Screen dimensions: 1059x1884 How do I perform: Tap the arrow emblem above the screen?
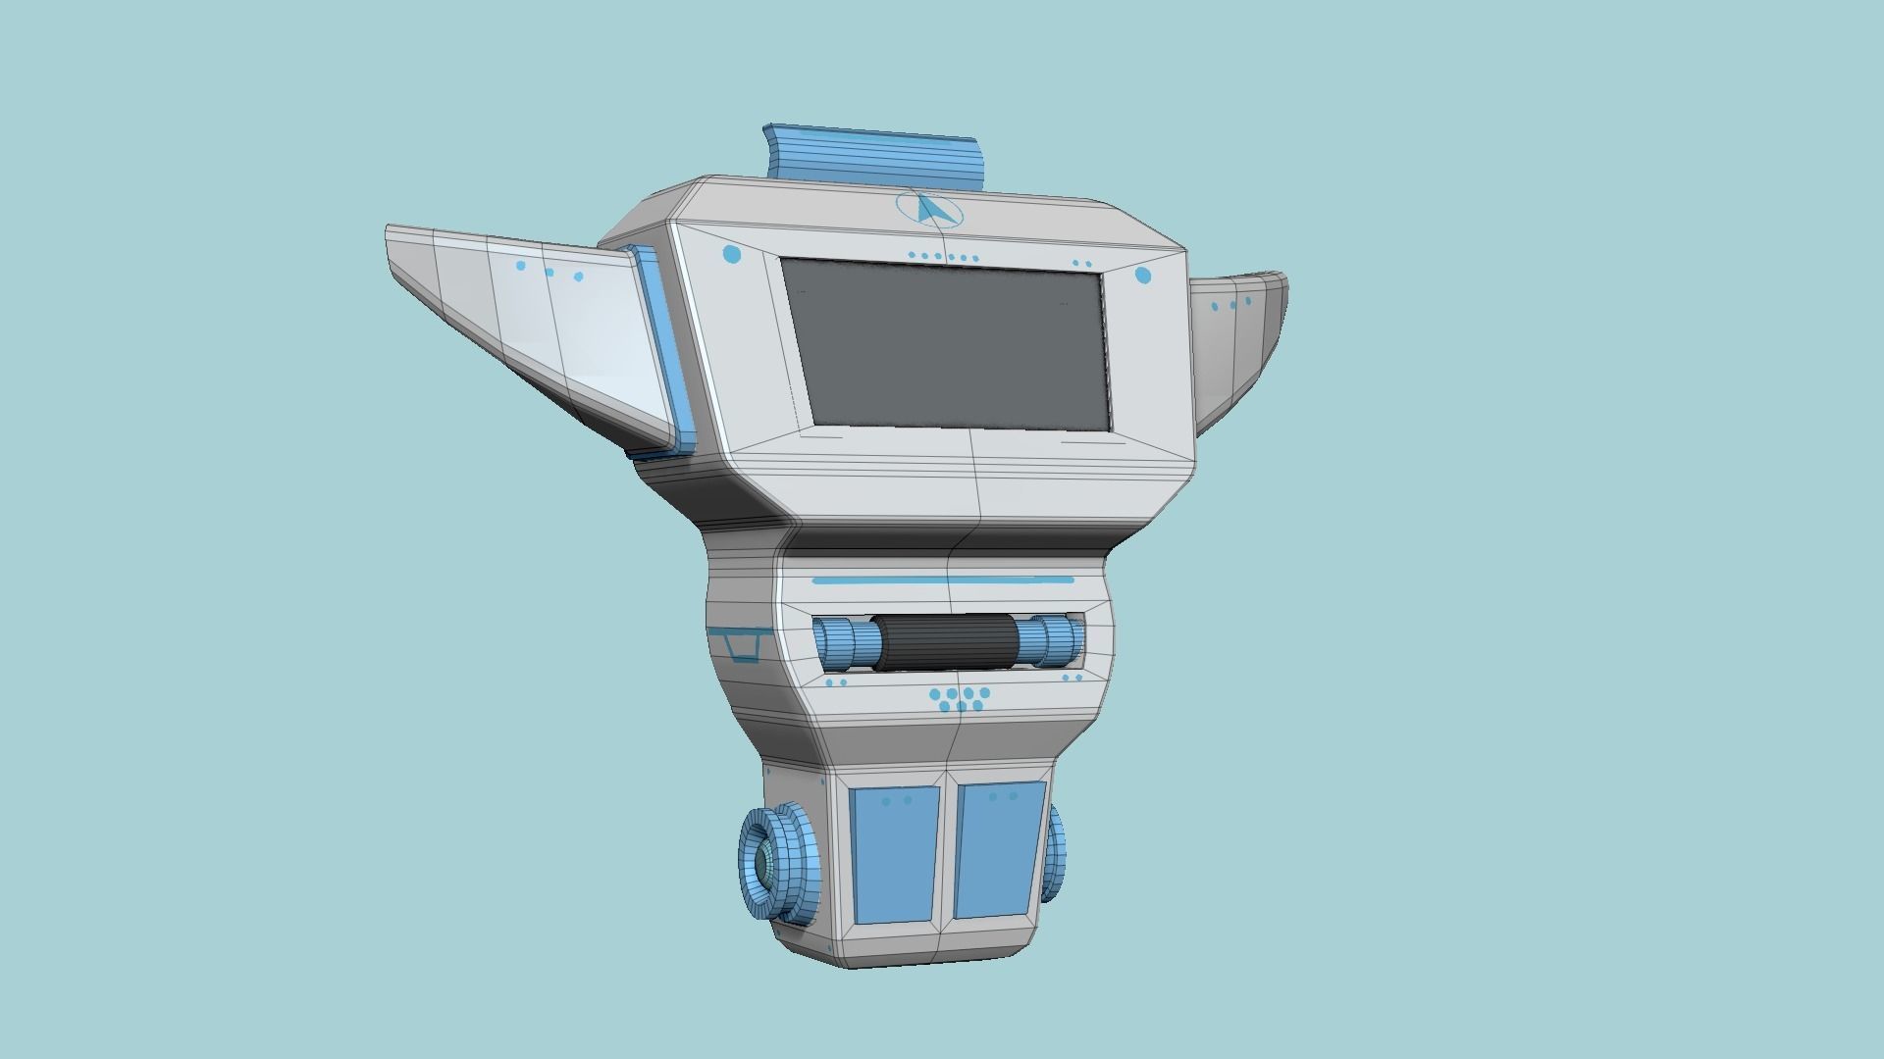(929, 210)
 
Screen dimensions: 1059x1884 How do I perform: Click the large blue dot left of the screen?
(732, 255)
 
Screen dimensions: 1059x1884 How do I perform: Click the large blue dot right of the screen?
(1143, 276)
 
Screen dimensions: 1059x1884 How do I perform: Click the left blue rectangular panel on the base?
(894, 853)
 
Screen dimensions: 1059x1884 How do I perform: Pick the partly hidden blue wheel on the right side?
(1056, 851)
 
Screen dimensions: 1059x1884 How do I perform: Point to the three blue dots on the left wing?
(549, 271)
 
